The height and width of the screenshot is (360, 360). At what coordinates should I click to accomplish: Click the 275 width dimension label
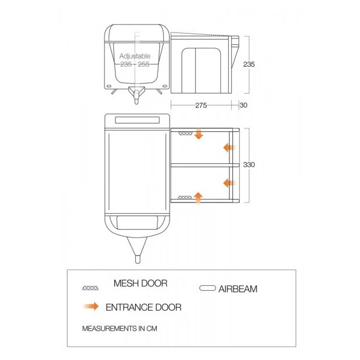[x=201, y=105]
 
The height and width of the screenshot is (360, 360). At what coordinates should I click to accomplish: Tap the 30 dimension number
[x=243, y=105]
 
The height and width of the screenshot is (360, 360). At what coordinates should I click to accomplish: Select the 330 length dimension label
[x=249, y=165]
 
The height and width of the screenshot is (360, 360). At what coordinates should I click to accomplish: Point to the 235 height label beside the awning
[x=249, y=64]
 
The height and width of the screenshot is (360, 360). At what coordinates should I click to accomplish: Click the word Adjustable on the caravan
[x=135, y=56]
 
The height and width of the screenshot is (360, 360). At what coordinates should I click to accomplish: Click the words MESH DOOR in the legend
[x=141, y=283]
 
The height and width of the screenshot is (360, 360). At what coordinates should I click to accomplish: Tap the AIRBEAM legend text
[x=238, y=289]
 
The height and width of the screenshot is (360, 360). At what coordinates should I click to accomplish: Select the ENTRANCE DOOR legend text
[x=143, y=307]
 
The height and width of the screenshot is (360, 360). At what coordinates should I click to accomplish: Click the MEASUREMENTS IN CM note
[x=120, y=329]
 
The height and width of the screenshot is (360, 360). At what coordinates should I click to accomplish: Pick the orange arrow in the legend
[x=91, y=306]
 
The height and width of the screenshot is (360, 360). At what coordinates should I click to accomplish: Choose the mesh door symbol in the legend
[x=91, y=288]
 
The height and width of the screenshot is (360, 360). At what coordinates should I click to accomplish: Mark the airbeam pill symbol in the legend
[x=207, y=288]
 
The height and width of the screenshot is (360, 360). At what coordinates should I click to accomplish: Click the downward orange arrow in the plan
[x=199, y=134]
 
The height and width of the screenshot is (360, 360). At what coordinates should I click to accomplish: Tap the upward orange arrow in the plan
[x=199, y=198]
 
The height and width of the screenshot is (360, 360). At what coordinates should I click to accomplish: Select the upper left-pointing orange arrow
[x=229, y=147]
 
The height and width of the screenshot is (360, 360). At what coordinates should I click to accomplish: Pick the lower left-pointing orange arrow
[x=229, y=183]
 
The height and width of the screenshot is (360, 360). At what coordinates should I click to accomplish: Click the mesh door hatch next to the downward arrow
[x=185, y=134]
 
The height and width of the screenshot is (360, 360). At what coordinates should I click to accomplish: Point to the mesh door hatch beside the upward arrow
[x=185, y=197]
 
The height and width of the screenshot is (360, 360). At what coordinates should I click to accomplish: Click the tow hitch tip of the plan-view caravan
[x=138, y=260]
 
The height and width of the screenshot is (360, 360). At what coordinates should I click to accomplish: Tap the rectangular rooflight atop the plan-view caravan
[x=137, y=120]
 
